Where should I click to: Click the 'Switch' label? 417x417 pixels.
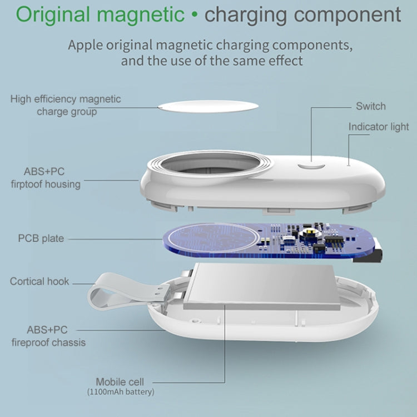point(370,106)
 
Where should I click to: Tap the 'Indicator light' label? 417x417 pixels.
point(378,127)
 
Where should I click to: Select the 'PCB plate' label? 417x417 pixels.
point(41,239)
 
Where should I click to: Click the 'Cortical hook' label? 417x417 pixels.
point(39,281)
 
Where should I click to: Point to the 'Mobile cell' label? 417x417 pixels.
point(120,381)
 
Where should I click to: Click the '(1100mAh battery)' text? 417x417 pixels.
point(120,392)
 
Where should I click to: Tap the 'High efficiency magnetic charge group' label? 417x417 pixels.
point(66,105)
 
